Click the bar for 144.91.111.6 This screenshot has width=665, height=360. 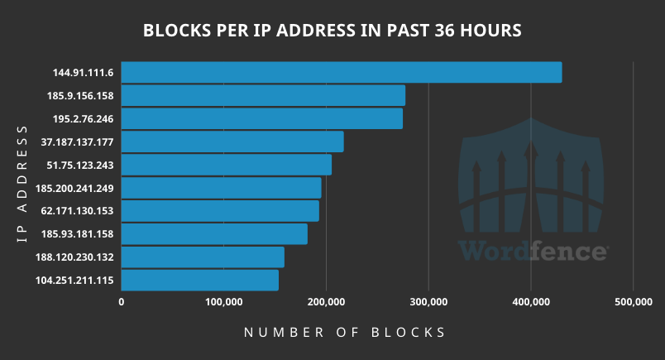342,72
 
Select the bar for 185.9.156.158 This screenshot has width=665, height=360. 263,95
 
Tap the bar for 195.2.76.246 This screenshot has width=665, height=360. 262,118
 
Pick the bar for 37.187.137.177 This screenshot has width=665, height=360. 232,142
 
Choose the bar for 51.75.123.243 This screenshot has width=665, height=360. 227,165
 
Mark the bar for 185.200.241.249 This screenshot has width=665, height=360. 222,188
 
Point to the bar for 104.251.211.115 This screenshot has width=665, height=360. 200,281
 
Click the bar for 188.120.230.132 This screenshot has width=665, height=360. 203,257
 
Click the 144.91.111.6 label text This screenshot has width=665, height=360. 84,72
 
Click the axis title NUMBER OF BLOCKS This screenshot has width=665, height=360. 345,333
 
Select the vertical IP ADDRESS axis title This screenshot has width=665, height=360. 23,184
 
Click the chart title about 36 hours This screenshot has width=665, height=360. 332,31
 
